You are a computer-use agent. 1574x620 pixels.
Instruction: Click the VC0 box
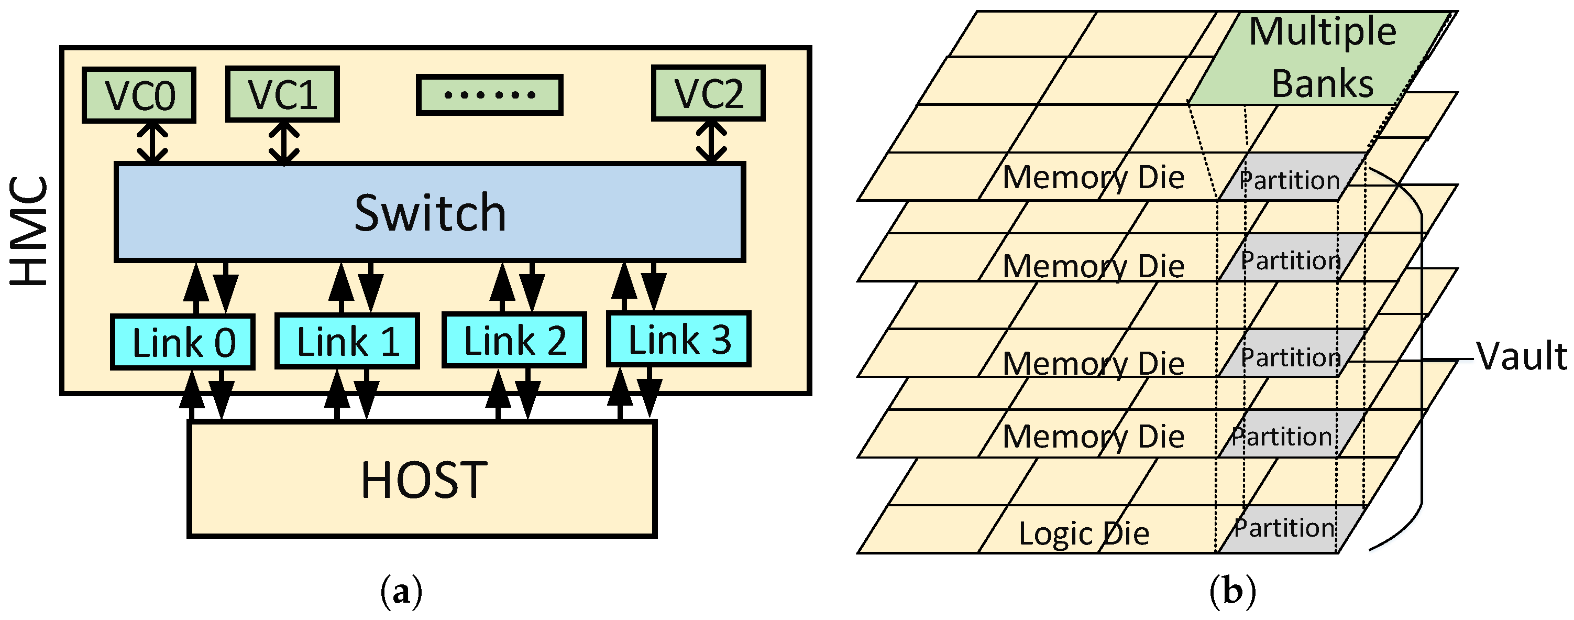coord(139,95)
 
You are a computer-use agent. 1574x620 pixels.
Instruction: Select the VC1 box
coord(282,94)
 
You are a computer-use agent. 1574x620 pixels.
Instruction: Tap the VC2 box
coord(708,93)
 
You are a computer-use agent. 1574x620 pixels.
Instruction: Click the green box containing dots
coord(489,95)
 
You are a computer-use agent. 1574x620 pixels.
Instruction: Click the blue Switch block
coord(430,212)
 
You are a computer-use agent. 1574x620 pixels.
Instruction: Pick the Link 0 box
coord(183,342)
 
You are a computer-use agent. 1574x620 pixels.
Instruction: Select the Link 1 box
coord(347,341)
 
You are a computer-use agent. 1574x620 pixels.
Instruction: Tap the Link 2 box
coord(514,340)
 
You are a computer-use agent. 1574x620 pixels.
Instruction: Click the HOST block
coord(422,479)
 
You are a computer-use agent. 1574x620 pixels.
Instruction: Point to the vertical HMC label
coord(29,231)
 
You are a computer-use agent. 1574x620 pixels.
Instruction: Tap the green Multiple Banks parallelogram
coord(1320,58)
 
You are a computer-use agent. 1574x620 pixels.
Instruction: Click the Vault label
coord(1522,356)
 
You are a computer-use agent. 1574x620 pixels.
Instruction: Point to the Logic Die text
coord(1083,533)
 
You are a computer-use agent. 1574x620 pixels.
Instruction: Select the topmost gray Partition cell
coord(1289,178)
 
